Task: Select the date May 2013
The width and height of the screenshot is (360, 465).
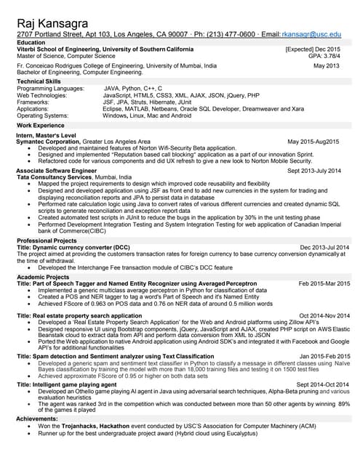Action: pos(327,66)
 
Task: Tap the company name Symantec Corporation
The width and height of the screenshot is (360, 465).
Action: pos(49,141)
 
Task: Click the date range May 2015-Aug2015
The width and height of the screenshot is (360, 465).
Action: pos(313,141)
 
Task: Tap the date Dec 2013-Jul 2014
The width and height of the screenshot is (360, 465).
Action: pos(324,247)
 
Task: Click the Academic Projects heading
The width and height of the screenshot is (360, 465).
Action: pos(43,277)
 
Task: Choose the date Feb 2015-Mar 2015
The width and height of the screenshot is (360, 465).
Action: pos(324,283)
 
